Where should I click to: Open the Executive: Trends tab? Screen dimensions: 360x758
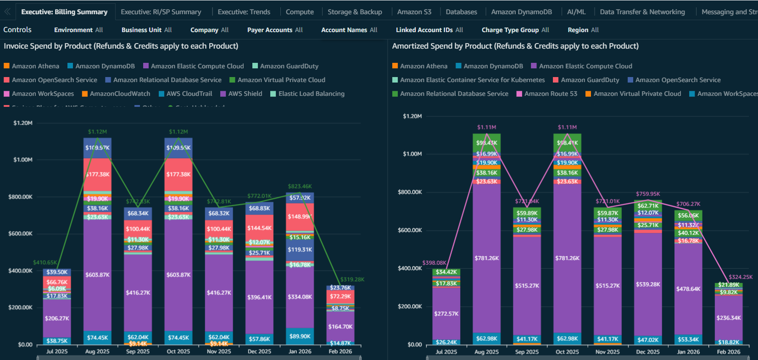coord(244,12)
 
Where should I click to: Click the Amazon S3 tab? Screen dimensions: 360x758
coord(414,12)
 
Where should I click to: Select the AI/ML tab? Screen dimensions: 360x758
coord(576,12)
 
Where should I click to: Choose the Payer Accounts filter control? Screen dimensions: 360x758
coord(275,30)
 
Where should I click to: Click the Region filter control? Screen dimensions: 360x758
coord(583,30)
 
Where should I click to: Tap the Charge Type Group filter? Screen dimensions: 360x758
coord(515,30)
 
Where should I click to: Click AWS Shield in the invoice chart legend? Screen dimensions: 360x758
coord(245,94)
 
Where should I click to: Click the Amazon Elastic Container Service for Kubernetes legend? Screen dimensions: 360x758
coord(472,80)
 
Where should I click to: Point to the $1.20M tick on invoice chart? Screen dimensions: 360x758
coord(23,123)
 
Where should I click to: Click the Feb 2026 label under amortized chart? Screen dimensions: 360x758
coord(728,352)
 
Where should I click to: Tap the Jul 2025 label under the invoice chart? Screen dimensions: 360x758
coord(57,351)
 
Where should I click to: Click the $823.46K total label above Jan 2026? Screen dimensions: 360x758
coord(300,186)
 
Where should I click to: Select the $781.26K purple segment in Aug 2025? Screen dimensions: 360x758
coord(486,258)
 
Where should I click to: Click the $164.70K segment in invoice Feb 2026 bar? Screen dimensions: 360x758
coord(340,327)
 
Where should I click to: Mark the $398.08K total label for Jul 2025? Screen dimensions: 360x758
coord(434,263)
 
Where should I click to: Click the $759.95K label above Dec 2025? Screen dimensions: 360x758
coord(648,194)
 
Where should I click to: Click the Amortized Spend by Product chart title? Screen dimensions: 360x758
coord(515,46)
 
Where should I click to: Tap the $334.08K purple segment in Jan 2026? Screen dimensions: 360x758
coord(300,297)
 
